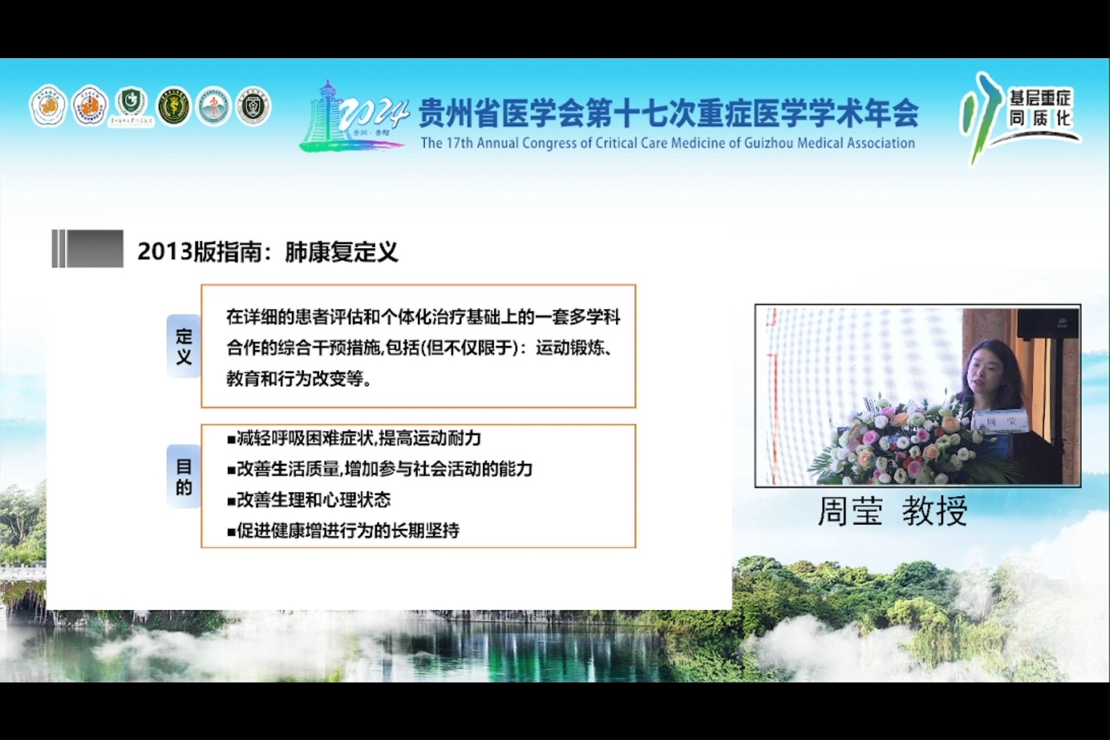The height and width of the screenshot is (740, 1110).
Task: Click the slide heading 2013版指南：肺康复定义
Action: click(267, 251)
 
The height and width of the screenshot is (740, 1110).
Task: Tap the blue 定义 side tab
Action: click(184, 346)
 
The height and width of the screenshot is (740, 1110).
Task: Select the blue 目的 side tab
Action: click(184, 477)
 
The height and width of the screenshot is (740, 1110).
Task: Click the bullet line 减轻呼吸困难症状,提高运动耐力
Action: click(354, 439)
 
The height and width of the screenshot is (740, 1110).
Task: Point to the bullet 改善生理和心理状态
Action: click(309, 500)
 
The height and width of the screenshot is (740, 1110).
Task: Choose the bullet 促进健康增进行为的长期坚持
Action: click(343, 530)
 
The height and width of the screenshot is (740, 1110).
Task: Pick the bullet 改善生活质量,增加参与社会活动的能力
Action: click(380, 469)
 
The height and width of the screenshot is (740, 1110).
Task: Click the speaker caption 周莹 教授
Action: click(892, 511)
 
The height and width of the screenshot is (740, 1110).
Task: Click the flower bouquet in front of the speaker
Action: click(904, 439)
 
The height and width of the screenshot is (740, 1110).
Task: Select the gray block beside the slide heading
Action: click(88, 248)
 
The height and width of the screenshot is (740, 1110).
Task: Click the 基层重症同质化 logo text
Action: click(1039, 108)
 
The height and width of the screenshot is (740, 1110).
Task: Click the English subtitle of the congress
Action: click(667, 143)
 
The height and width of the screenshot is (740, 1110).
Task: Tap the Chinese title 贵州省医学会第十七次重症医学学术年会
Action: click(667, 113)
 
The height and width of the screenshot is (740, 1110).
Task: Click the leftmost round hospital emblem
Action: click(47, 106)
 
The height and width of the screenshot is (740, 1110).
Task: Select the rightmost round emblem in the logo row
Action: click(254, 106)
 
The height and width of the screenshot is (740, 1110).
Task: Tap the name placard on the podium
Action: click(1000, 419)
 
